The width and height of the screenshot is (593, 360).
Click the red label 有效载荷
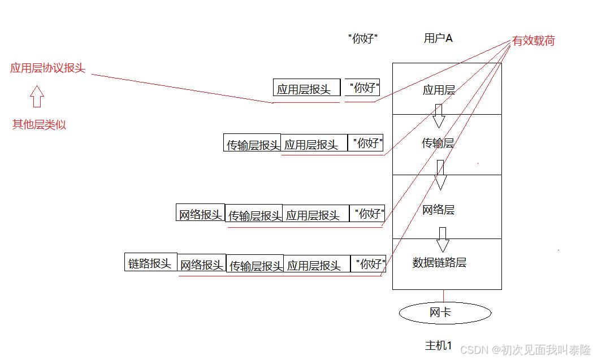point(533,41)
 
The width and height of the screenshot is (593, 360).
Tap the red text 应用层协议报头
point(47,68)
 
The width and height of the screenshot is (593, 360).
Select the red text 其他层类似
point(39,125)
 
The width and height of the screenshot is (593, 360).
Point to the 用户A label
point(438,38)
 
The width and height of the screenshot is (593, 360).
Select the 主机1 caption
point(439,345)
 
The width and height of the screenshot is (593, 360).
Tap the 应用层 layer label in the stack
point(439,89)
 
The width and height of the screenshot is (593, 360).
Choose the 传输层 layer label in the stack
point(438,143)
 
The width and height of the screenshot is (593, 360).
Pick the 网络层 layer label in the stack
point(438,210)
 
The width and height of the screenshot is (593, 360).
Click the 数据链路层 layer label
point(439,263)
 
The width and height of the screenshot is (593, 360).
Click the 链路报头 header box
point(150,262)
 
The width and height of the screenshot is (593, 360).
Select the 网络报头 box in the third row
point(201,213)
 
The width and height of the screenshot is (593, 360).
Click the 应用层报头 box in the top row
point(306,88)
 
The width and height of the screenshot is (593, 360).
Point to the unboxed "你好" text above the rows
point(362,39)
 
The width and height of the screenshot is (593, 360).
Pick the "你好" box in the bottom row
point(369,263)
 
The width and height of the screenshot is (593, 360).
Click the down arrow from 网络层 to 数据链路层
point(443,240)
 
